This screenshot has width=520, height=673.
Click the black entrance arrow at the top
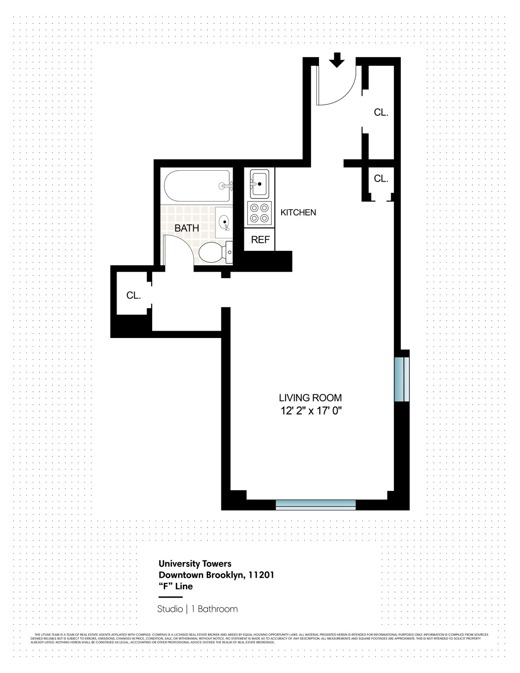[336, 60]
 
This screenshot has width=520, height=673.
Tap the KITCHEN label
[298, 212]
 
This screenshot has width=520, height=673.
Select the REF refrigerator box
[260, 240]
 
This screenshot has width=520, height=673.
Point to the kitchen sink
[260, 184]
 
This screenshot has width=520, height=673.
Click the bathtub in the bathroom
[197, 186]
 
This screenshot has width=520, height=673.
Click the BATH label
[187, 228]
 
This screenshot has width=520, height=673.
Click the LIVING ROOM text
[310, 397]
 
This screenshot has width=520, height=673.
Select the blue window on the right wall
[401, 379]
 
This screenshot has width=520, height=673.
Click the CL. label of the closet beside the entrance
[381, 113]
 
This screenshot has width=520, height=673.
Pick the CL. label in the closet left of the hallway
[133, 296]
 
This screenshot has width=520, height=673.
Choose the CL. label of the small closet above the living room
[381, 178]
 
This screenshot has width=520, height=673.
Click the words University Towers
[195, 564]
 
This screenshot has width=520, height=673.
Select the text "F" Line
[175, 586]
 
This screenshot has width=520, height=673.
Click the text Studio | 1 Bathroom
[198, 609]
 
